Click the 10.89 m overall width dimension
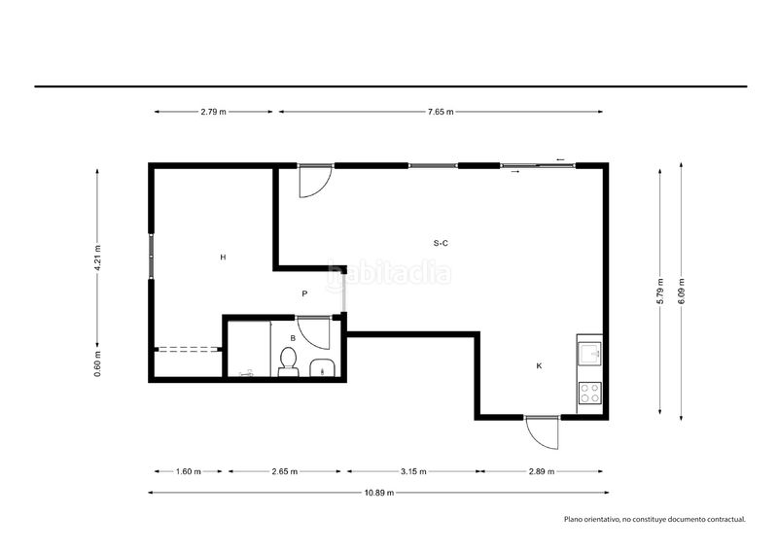(379, 493)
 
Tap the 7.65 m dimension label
(441, 112)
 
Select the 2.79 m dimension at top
(213, 112)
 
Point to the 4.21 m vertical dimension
(98, 258)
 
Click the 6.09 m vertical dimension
(682, 292)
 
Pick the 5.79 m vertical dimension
(660, 292)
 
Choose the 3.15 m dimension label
(413, 471)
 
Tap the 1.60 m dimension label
(189, 471)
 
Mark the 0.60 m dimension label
(98, 364)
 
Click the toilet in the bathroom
(288, 361)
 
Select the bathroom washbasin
(323, 368)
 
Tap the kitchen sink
(589, 354)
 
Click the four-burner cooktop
(590, 393)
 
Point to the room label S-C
(441, 243)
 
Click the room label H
(224, 257)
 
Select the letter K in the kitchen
(540, 366)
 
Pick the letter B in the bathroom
(293, 338)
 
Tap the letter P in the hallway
(304, 293)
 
